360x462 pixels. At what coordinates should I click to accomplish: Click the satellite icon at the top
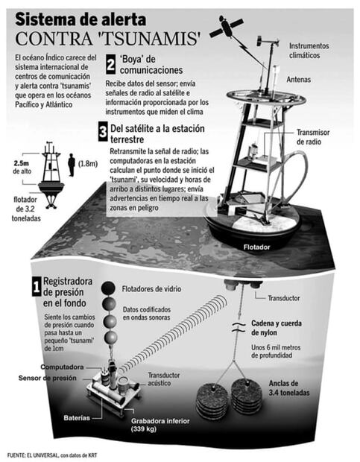pos(227,27)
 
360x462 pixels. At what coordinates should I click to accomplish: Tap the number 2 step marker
pos(111,65)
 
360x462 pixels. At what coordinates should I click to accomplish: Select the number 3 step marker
pos(103,132)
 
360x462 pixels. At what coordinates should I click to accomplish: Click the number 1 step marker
pos(37,287)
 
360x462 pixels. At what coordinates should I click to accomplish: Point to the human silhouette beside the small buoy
pos(72,165)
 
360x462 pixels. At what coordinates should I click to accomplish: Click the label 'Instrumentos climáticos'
pos(309,51)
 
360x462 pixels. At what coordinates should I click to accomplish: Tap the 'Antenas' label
pos(298,79)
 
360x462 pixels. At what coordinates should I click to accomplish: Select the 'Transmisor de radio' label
pos(313,137)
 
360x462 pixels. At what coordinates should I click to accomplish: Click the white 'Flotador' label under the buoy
pos(256,247)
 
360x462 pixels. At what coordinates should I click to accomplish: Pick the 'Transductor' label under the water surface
pos(284,298)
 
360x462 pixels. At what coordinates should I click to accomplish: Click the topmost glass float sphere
pos(108,288)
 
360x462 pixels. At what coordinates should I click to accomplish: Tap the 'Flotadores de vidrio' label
pos(151,289)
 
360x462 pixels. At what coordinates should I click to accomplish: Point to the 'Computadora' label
pos(62,367)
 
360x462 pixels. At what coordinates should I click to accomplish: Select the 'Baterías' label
pos(77,418)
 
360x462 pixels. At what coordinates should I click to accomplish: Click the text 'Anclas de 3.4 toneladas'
pos(289,388)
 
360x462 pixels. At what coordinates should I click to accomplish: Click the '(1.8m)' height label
pos(88,163)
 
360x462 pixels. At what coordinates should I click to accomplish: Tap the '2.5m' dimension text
pos(21,163)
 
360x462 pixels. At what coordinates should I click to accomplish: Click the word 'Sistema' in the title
pos(45,19)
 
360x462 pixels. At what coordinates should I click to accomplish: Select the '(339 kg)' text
pos(144,429)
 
